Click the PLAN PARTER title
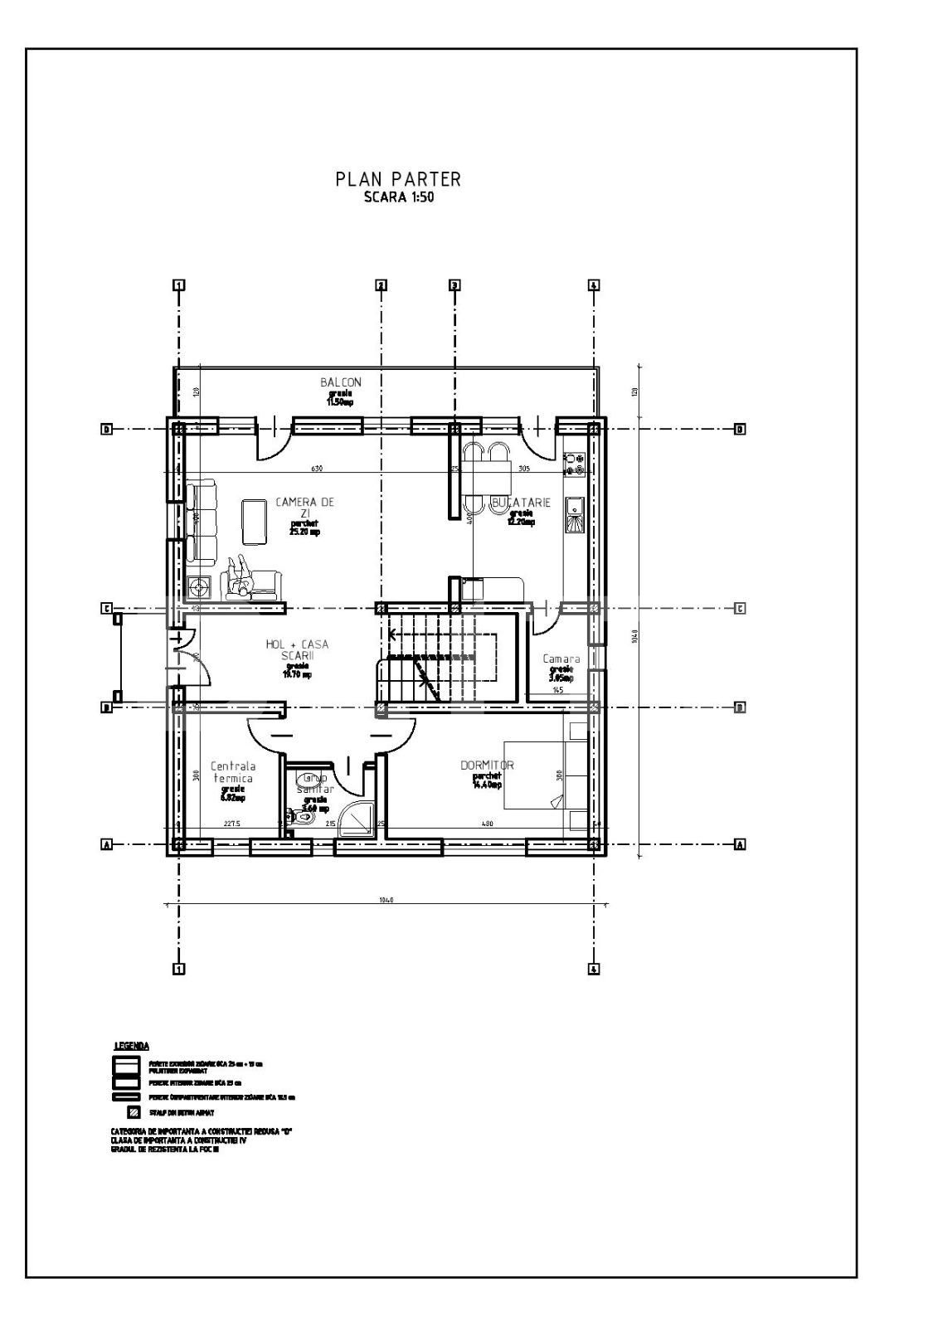(x=398, y=179)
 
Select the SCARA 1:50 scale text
(x=398, y=198)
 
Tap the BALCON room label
(x=341, y=382)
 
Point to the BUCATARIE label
(x=521, y=503)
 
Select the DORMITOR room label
(x=487, y=765)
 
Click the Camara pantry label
(x=561, y=659)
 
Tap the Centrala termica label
(x=233, y=772)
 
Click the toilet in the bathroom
(x=304, y=818)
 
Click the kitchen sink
(x=574, y=514)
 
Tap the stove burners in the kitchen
(x=574, y=464)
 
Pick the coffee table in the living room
(x=254, y=522)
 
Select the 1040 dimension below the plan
(x=385, y=899)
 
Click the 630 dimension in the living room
(x=317, y=469)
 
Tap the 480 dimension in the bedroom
(x=488, y=824)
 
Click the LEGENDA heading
(x=131, y=1046)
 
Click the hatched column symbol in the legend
(x=132, y=1112)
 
